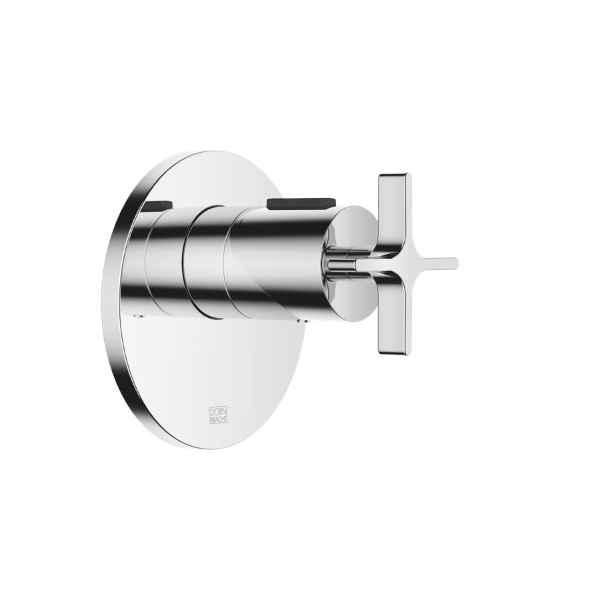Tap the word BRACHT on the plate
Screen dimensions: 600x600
(218, 419)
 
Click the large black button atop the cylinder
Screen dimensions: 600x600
(301, 203)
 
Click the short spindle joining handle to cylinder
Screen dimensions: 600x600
(340, 263)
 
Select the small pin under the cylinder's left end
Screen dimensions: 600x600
(139, 316)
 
